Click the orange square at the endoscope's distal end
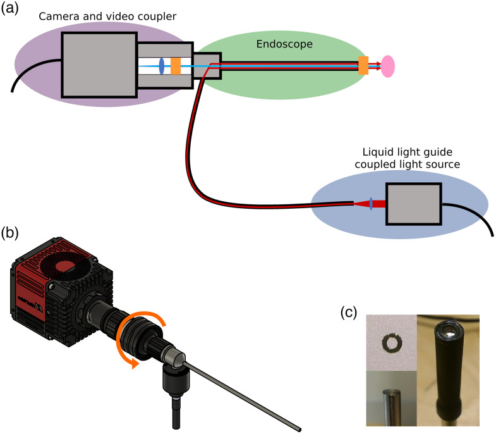(363, 65)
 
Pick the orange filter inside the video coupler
(176, 65)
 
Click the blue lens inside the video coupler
(162, 65)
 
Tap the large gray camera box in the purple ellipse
(99, 65)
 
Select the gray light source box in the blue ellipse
(413, 203)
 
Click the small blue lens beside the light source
(372, 203)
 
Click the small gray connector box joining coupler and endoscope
(207, 65)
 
